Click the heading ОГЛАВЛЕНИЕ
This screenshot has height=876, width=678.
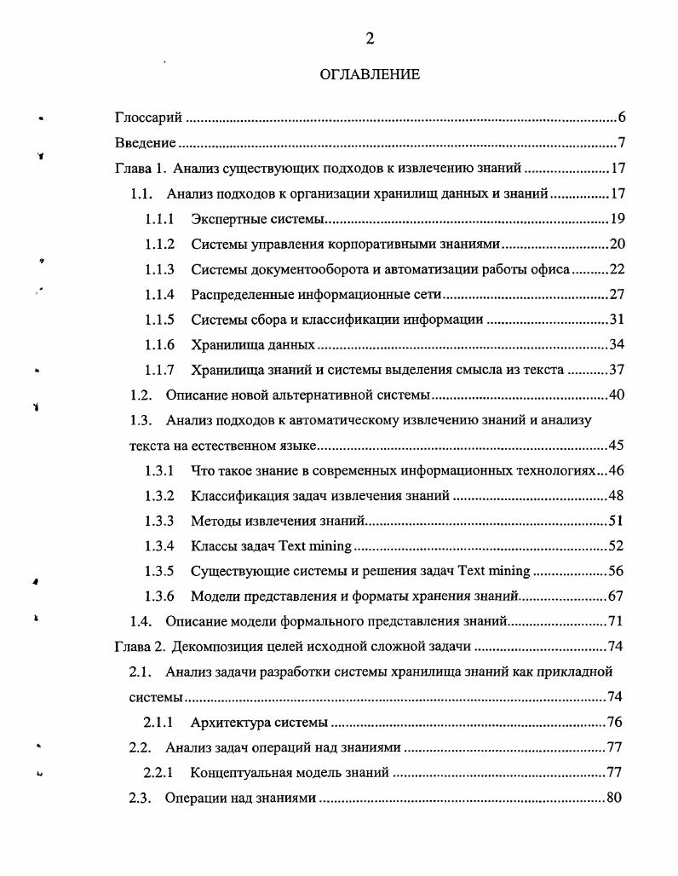click(370, 75)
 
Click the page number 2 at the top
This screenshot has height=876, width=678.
click(370, 38)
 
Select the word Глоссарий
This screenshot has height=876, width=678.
click(149, 118)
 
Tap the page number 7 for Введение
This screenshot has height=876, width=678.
click(622, 142)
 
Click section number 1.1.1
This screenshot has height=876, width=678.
click(159, 219)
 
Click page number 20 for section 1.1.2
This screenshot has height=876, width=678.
click(618, 245)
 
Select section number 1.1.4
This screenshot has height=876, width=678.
click(159, 295)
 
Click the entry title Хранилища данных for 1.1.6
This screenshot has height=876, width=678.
click(253, 345)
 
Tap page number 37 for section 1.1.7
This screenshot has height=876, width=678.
click(618, 370)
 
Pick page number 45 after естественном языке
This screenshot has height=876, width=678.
click(618, 446)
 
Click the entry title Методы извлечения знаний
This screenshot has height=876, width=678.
click(278, 521)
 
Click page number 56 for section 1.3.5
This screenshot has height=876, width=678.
click(618, 571)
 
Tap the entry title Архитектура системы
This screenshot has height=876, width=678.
click(259, 723)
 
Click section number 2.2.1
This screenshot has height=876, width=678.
click(159, 773)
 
